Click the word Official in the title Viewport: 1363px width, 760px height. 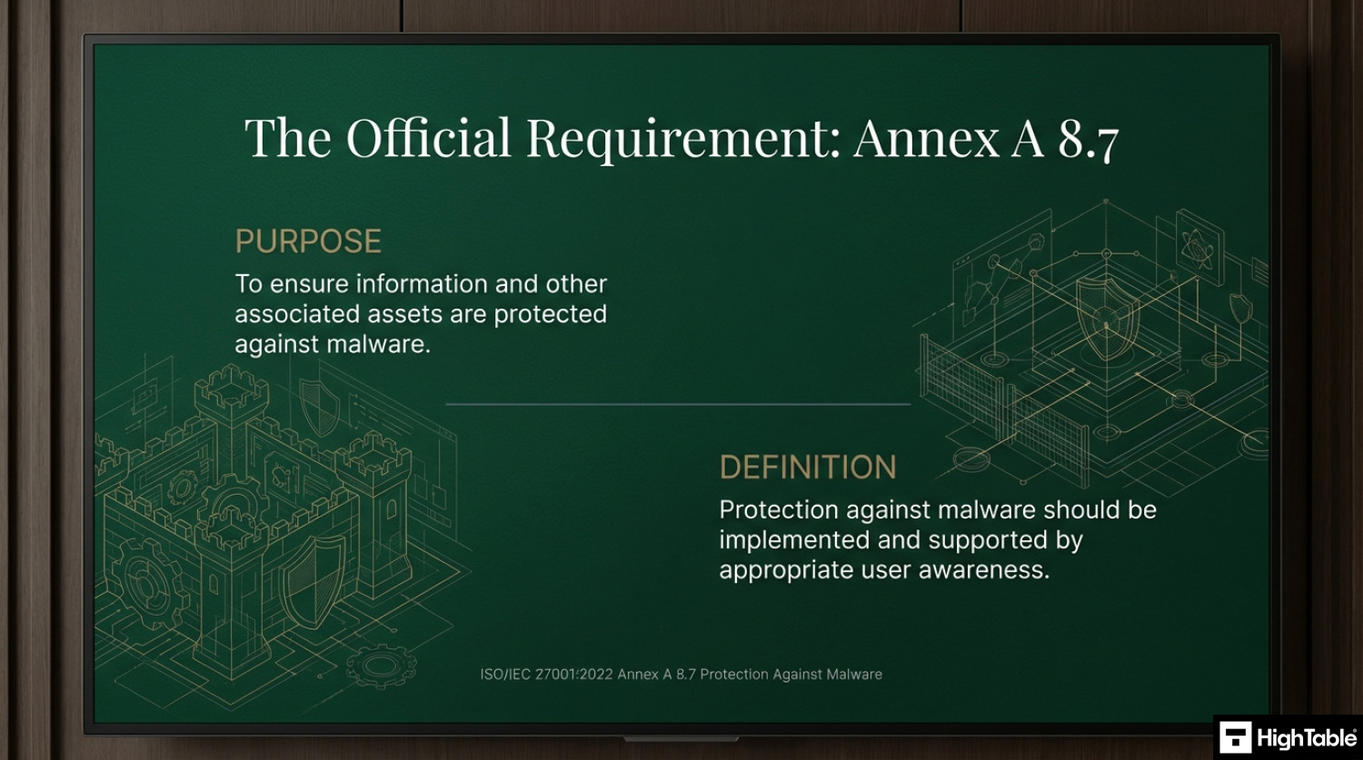click(x=428, y=137)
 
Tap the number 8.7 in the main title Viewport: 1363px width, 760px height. click(x=1088, y=139)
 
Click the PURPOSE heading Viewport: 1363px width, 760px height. click(x=308, y=242)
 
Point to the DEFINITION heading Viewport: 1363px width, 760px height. click(x=808, y=468)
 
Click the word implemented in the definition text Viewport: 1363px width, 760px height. click(x=794, y=540)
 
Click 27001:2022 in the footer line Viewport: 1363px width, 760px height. click(x=573, y=675)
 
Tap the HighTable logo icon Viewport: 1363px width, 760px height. click(x=1236, y=737)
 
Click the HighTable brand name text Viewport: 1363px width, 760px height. click(x=1307, y=738)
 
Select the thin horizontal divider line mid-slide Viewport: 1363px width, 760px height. click(x=678, y=404)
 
